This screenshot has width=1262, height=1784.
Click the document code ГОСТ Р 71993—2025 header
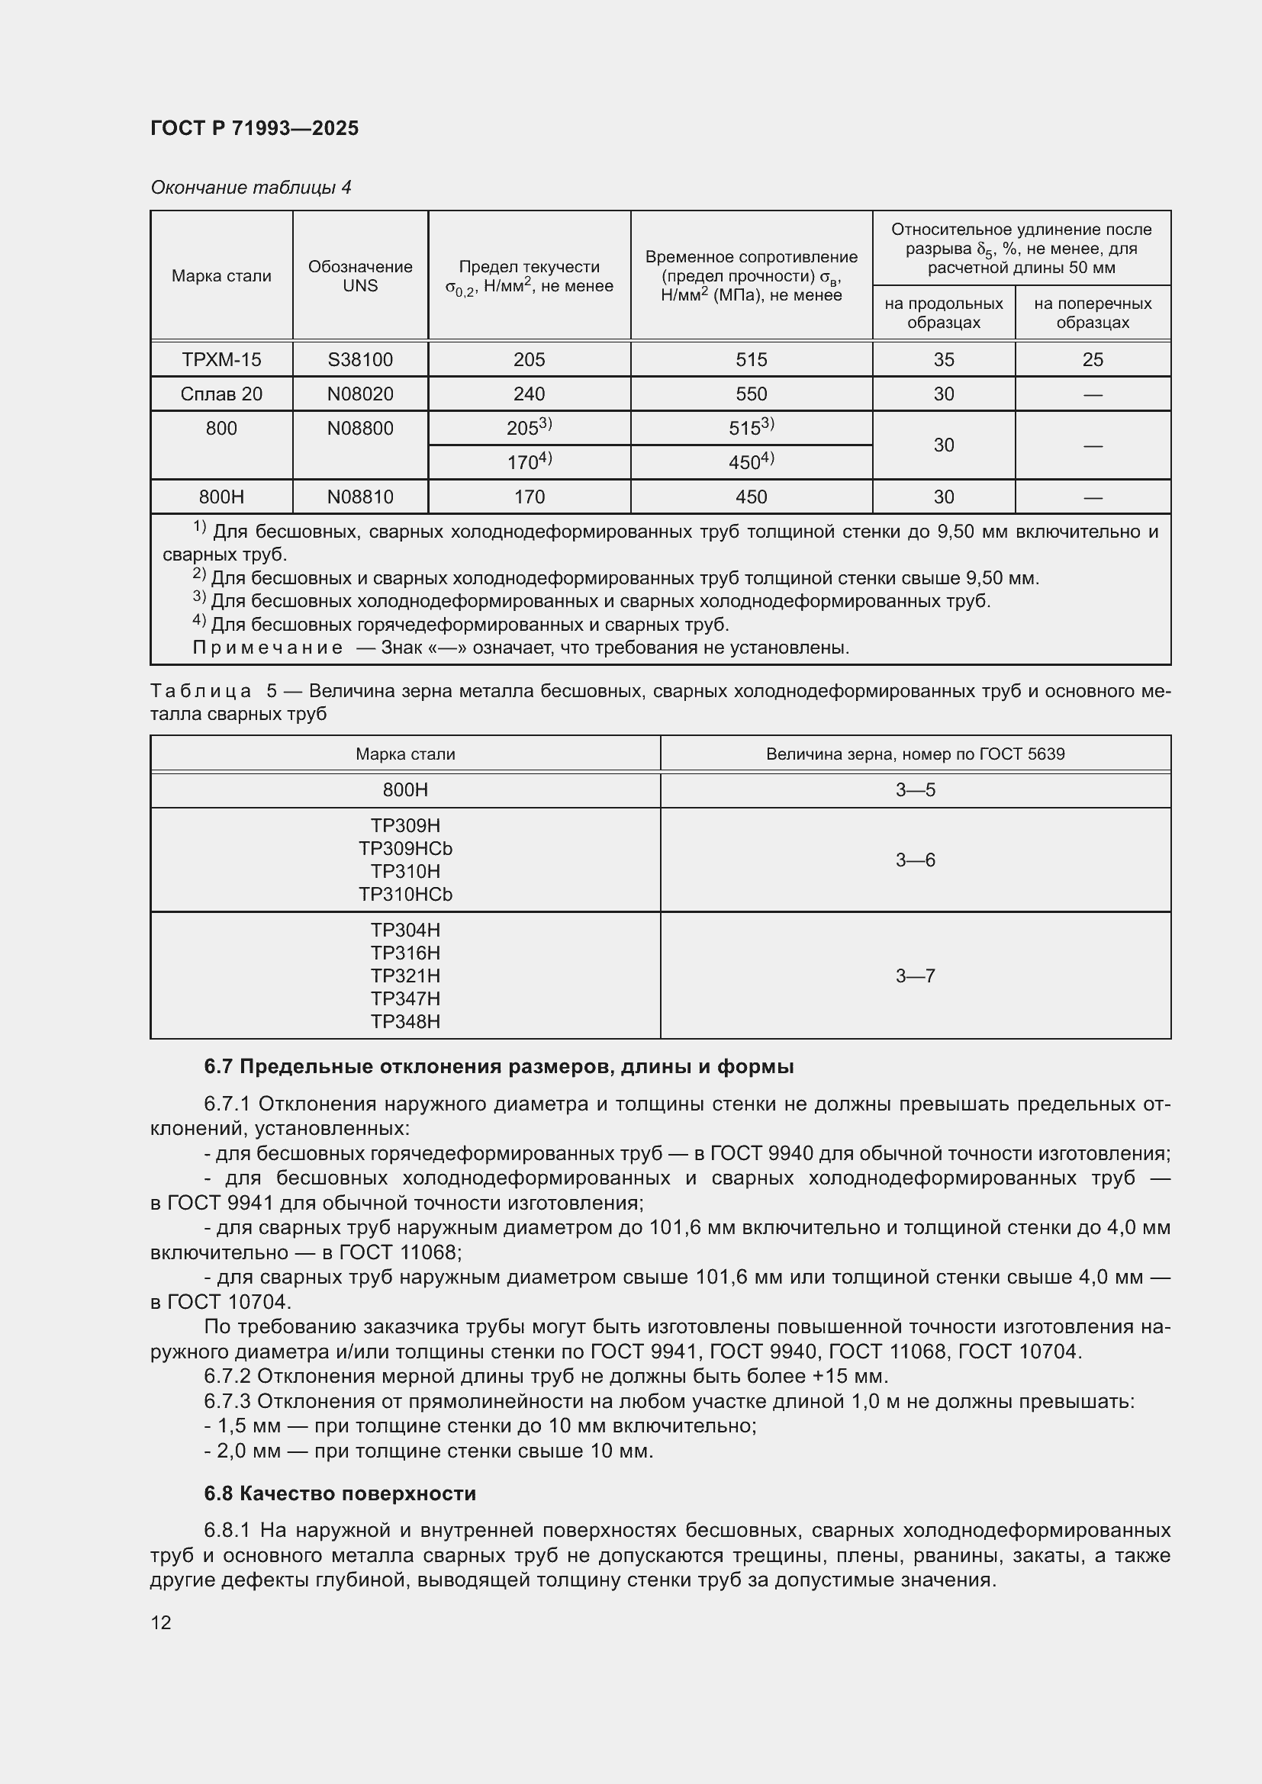point(254,128)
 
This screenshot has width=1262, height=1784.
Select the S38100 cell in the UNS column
point(360,360)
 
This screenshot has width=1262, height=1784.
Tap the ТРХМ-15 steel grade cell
point(221,360)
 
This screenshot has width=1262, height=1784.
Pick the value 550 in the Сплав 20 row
point(751,394)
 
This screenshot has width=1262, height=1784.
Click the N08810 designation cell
point(360,497)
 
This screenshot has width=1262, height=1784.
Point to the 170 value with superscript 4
point(529,462)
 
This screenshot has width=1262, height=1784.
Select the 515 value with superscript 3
point(751,427)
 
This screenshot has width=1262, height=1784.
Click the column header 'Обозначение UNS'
point(360,276)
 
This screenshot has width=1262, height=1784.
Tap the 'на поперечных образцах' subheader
point(1092,313)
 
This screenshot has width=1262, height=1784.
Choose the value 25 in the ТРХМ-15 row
point(1092,360)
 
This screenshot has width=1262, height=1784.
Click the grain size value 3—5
point(915,790)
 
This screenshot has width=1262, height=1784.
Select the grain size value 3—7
point(915,976)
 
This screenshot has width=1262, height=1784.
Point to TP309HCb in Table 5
point(405,848)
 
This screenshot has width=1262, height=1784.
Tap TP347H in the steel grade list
point(405,998)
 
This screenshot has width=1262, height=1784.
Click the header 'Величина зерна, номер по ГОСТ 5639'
point(915,754)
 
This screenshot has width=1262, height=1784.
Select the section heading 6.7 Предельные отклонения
point(498,1067)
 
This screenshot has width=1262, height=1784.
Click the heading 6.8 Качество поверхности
point(340,1493)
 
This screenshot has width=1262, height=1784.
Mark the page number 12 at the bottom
point(161,1622)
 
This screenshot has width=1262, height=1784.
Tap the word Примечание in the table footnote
point(267,648)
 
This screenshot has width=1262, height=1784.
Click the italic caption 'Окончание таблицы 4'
point(251,188)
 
